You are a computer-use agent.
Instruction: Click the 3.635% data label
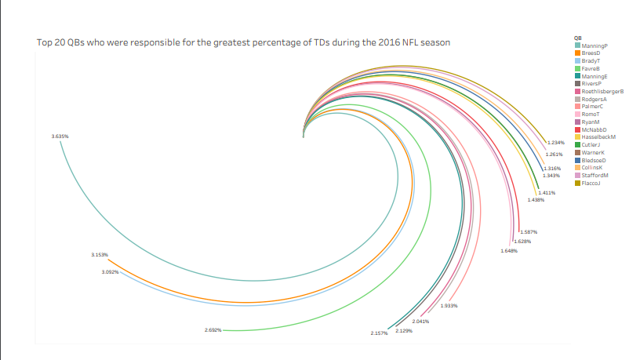click(x=60, y=136)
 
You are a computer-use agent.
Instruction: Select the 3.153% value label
click(x=99, y=255)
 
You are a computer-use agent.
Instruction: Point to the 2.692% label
click(x=213, y=330)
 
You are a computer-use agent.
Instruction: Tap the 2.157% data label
click(x=380, y=334)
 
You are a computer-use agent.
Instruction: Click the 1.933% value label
click(x=449, y=306)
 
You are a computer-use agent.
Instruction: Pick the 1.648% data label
click(x=509, y=251)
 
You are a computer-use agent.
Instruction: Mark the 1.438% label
click(x=536, y=200)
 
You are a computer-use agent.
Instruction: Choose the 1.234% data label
click(x=556, y=142)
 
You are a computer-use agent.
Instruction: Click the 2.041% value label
click(x=421, y=322)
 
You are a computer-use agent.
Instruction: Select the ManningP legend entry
click(x=595, y=45)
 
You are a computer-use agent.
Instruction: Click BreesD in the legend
click(x=592, y=53)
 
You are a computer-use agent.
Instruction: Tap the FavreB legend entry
click(x=592, y=68)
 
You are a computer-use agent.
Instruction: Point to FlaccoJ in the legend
click(x=592, y=183)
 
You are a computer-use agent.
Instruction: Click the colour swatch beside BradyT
click(x=578, y=61)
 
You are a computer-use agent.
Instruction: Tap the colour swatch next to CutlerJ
click(x=578, y=145)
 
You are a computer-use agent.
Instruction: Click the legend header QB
click(x=578, y=38)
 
